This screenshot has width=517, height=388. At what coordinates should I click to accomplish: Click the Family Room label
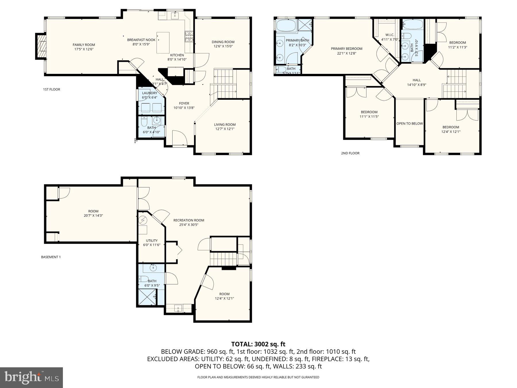[84, 45]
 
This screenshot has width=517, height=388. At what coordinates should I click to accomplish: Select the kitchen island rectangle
[163, 43]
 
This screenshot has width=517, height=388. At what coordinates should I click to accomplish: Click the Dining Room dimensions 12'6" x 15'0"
[223, 46]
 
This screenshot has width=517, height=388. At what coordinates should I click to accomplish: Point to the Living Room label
[225, 124]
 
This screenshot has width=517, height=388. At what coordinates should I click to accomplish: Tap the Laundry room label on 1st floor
[149, 93]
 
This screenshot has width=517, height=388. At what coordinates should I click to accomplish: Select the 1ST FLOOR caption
[51, 89]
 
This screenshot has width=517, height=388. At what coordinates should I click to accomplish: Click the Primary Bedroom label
[346, 49]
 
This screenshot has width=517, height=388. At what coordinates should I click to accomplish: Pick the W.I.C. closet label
[389, 35]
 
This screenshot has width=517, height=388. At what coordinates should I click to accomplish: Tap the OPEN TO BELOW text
[409, 124]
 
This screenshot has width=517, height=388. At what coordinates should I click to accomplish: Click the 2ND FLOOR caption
[350, 153]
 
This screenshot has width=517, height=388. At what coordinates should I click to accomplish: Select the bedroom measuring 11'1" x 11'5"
[369, 114]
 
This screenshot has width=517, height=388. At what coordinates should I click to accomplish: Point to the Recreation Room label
[189, 220]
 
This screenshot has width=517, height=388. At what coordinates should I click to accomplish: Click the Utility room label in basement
[152, 241]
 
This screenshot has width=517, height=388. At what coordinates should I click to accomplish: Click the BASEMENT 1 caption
[51, 257]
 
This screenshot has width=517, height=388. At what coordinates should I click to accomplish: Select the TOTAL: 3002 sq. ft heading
[258, 344]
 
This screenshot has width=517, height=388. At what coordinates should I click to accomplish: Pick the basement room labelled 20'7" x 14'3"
[93, 213]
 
